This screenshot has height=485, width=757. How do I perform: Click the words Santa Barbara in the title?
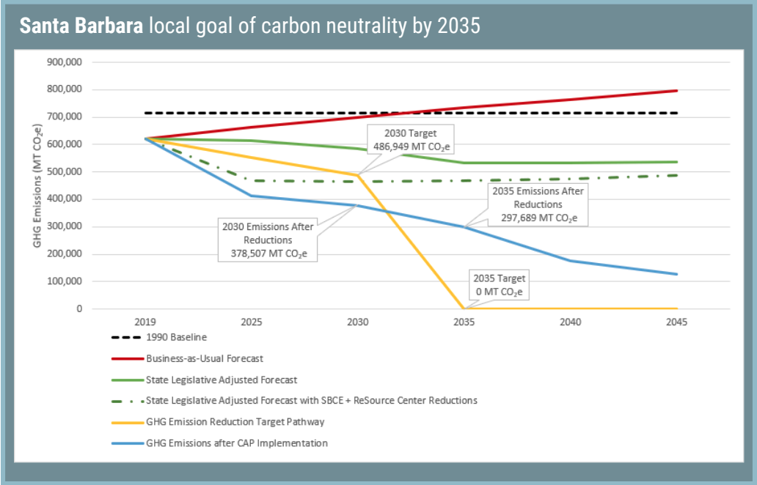click(81, 27)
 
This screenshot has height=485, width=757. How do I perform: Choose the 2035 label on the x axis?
click(464, 323)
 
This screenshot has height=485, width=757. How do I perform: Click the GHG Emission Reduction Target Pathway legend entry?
click(235, 422)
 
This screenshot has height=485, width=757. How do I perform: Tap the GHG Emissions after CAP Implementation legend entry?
click(236, 443)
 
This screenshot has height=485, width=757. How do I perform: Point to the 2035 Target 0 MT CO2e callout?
click(500, 284)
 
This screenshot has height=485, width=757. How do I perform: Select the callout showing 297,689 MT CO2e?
click(538, 204)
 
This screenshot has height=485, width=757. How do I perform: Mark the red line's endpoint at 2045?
click(676, 91)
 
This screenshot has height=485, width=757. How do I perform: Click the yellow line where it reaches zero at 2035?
click(464, 308)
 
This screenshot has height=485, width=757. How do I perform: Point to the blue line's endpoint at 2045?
click(676, 274)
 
